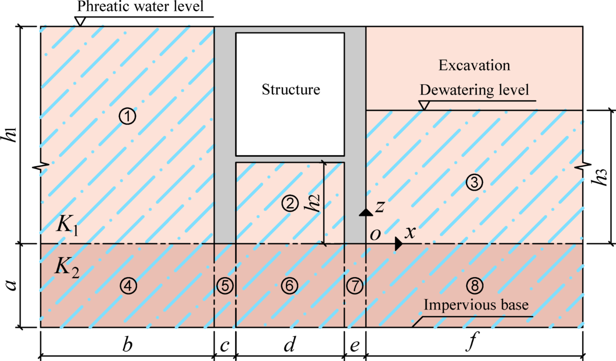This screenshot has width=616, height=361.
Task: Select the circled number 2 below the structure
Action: (x=290, y=204)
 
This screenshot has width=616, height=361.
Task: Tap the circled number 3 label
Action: (x=474, y=181)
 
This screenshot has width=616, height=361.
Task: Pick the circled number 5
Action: (x=224, y=286)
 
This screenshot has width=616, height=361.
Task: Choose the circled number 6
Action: (x=290, y=286)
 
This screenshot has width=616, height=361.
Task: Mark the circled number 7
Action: (x=354, y=286)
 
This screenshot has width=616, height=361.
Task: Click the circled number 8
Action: (x=474, y=286)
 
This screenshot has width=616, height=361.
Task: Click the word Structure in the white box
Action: (x=291, y=89)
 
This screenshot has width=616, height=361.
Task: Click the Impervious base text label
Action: (x=476, y=305)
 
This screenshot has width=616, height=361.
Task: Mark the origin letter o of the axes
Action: (x=376, y=234)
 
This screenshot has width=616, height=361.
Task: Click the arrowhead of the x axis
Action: (x=398, y=244)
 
